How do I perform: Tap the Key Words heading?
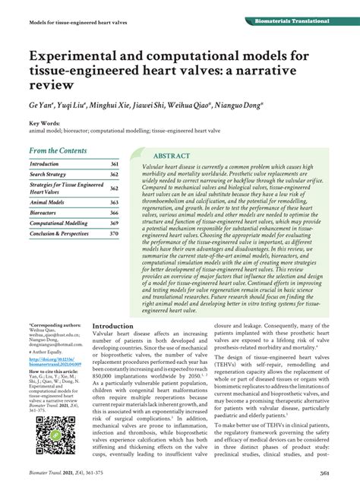pyautogui.click(x=45, y=123)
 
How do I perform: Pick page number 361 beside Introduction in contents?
pyautogui.click(x=115, y=164)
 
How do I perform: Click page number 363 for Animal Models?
pyautogui.click(x=115, y=203)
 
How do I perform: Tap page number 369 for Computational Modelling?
pyautogui.click(x=115, y=224)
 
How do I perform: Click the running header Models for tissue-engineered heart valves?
pyautogui.click(x=73, y=21)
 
